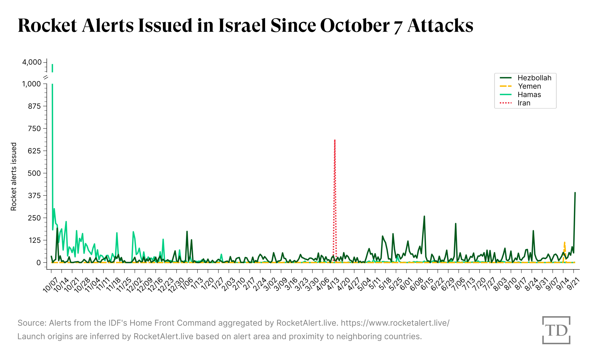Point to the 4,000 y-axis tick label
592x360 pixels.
pyautogui.click(x=32, y=62)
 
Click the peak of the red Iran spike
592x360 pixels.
pyautogui.click(x=335, y=140)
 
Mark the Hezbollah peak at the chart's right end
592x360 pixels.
pyautogui.click(x=575, y=193)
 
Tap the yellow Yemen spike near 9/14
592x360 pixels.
pyautogui.click(x=564, y=242)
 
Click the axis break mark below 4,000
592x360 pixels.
pyautogui.click(x=46, y=78)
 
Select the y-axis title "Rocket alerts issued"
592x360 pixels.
pyautogui.click(x=14, y=177)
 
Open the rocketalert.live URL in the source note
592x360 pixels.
pyautogui.click(x=395, y=323)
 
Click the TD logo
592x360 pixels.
pyautogui.click(x=556, y=330)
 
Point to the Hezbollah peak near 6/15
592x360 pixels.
pyautogui.click(x=424, y=216)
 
